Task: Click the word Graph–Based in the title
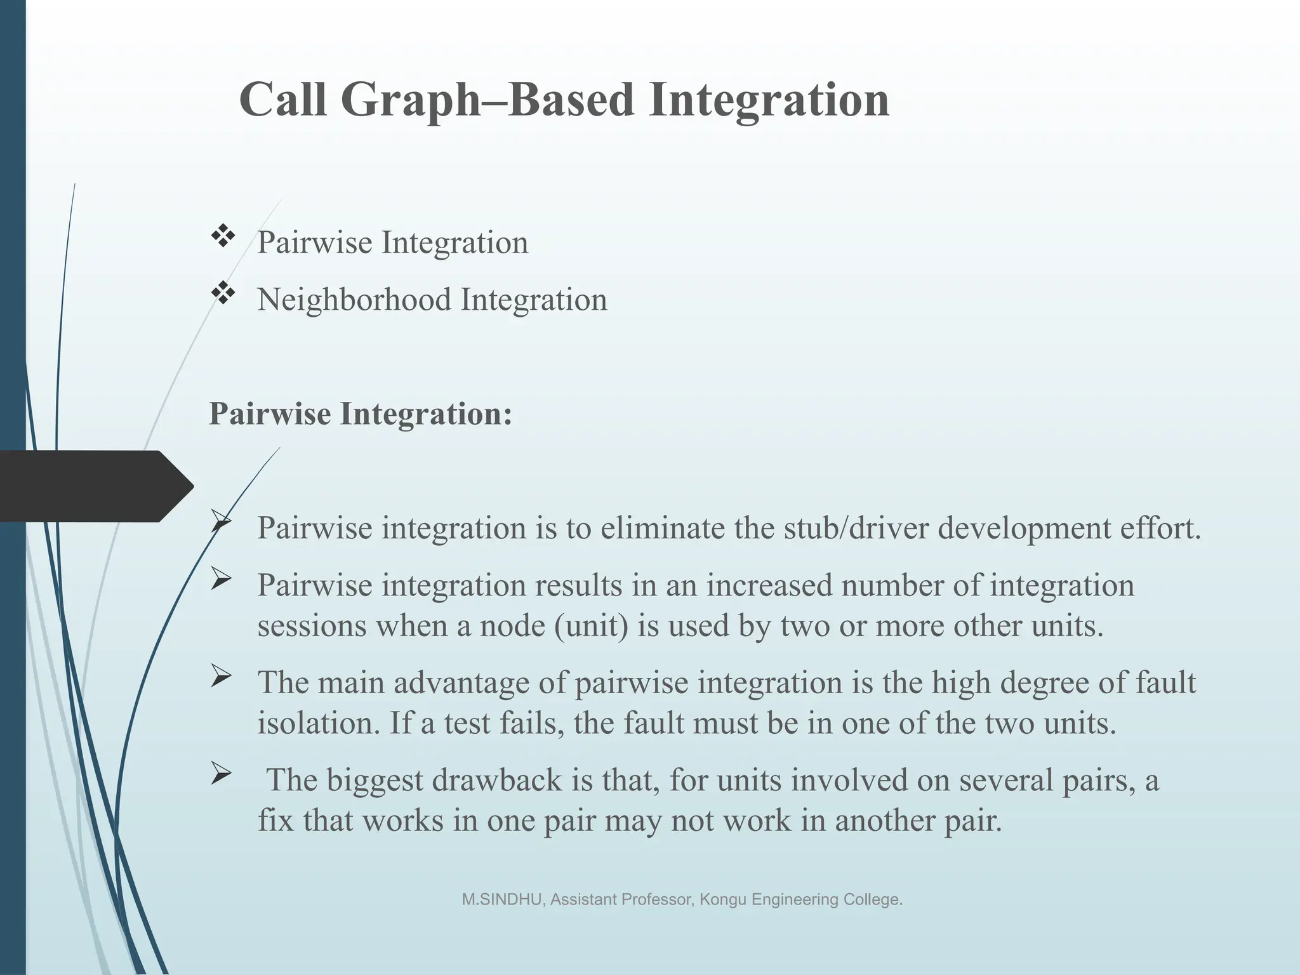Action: [x=487, y=100]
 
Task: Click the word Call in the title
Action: [x=283, y=99]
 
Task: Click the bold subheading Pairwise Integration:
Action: [x=360, y=414]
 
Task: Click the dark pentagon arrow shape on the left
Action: [x=95, y=486]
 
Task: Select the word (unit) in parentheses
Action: [x=590, y=626]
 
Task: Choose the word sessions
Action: [x=312, y=626]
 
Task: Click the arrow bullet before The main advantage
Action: [x=220, y=677]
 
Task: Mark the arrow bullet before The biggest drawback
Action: [x=220, y=774]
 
